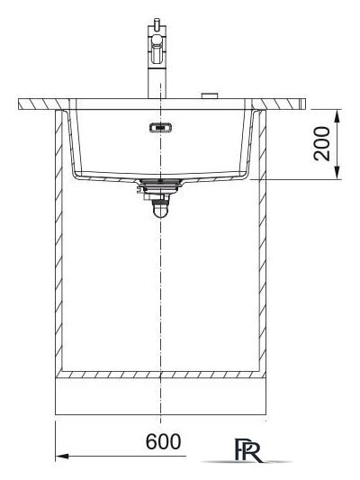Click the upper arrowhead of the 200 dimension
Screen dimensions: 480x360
click(x=337, y=113)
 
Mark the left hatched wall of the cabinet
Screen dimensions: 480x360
click(x=60, y=243)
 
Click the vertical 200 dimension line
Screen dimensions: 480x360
click(x=337, y=144)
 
